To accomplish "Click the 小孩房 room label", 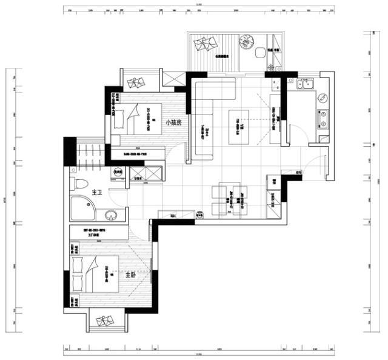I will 174,121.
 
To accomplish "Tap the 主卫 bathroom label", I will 96,193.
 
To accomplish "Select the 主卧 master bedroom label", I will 131,275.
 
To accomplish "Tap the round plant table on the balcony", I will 246,42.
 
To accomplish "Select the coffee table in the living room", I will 239,127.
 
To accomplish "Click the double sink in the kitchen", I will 303,85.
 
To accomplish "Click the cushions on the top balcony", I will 207,44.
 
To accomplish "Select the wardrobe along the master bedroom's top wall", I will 97,231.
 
